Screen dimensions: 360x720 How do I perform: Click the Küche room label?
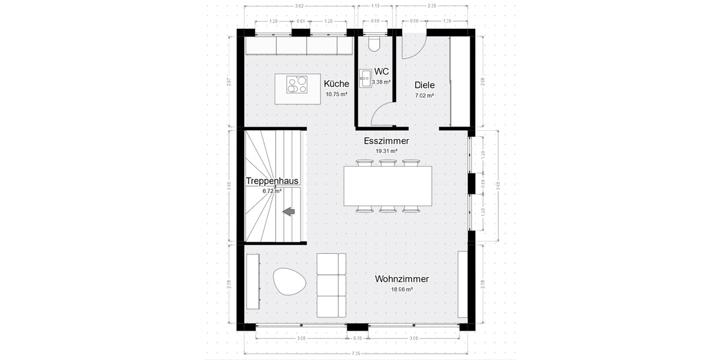336,84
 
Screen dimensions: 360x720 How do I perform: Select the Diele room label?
424,85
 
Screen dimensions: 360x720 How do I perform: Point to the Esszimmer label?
386,141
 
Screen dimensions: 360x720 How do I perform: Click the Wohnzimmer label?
401,279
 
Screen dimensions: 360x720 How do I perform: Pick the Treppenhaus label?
272,181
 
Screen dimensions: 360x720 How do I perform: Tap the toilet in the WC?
374,44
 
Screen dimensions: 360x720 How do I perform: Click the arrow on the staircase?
289,211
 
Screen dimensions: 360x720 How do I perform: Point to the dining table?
388,185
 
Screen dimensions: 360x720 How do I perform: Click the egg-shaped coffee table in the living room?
290,281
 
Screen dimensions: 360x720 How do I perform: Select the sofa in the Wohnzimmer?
331,286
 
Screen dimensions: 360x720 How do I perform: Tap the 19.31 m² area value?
386,152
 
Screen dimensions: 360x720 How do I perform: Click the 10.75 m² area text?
336,95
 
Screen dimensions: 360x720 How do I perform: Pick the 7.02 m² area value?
424,95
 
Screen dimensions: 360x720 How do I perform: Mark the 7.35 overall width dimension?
356,354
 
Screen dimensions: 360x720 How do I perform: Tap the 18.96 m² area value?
401,289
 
